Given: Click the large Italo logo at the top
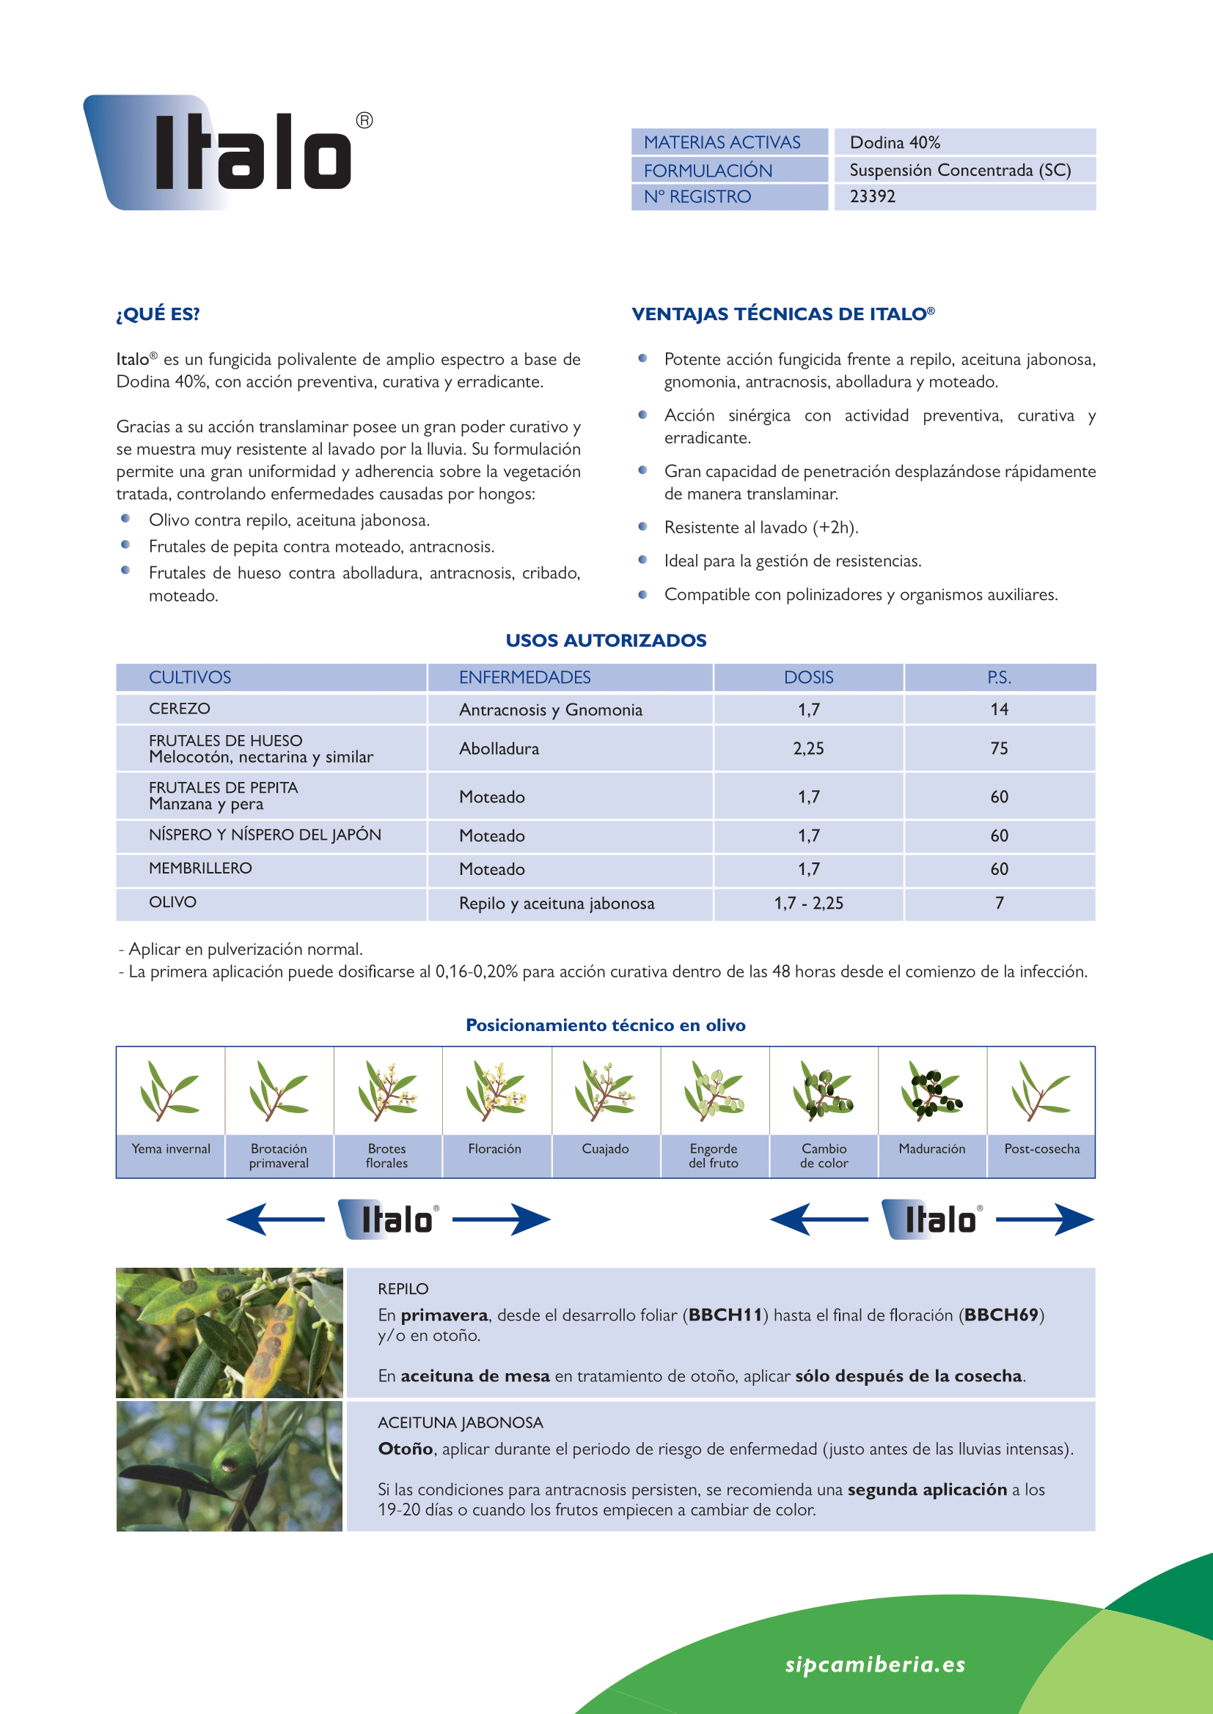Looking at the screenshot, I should tap(228, 153).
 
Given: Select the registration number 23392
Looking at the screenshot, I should tap(873, 197).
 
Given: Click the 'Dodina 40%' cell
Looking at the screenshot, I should tap(895, 143).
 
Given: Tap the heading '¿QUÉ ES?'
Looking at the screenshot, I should tap(158, 314).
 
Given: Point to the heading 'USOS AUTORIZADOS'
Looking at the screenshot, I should tap(606, 640).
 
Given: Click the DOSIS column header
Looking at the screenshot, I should tap(808, 678).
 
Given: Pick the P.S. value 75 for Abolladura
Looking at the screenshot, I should tap(999, 749).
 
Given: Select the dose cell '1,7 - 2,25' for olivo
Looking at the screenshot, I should tap(808, 904).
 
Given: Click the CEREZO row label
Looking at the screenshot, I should tap(179, 709).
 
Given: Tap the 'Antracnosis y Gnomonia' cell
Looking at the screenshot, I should tap(551, 710).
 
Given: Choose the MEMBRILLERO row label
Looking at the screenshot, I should tap(200, 868).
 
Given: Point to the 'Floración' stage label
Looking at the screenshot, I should tap(494, 1149).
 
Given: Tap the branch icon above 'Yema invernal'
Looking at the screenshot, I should tap(170, 1090).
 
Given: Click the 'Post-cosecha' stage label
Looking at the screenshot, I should tap(1042, 1149).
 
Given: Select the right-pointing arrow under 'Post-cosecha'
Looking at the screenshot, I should tap(1046, 1220).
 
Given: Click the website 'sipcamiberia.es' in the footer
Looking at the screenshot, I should tap(875, 1664).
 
